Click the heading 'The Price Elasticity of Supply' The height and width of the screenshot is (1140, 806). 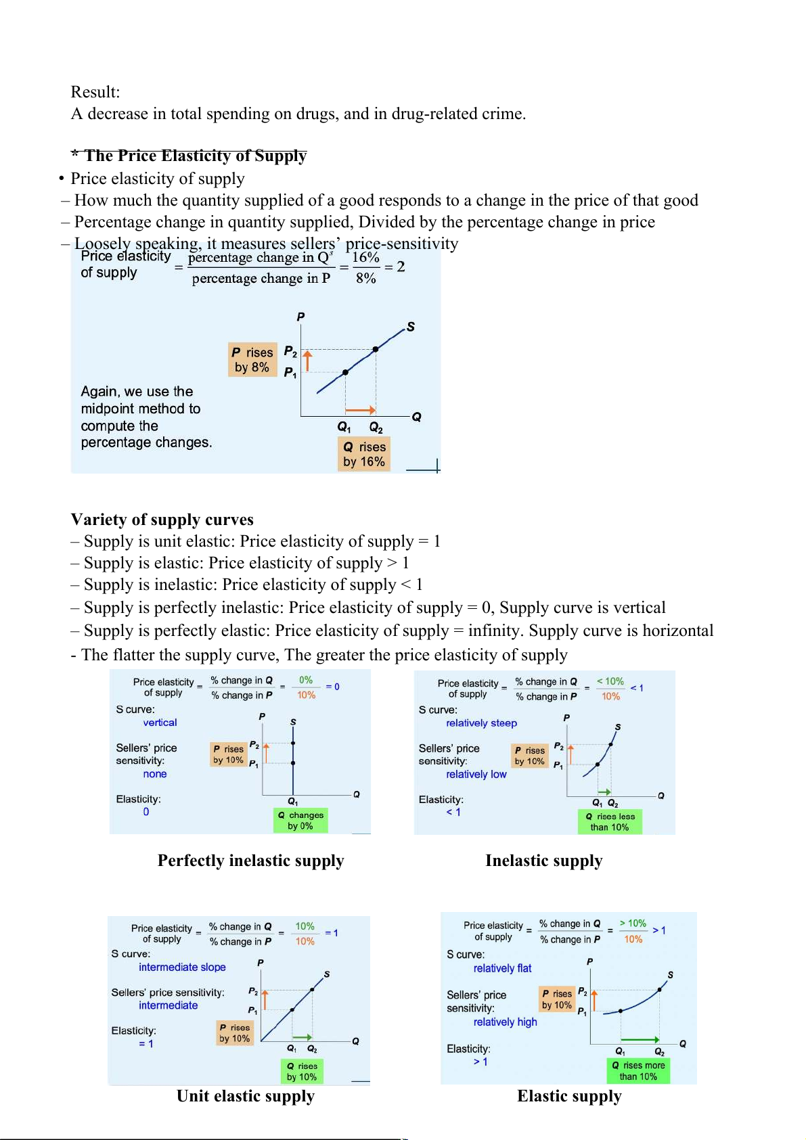pyautogui.click(x=195, y=156)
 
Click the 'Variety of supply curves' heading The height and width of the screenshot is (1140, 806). pyautogui.click(x=162, y=520)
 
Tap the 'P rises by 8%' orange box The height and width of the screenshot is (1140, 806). pyautogui.click(x=252, y=359)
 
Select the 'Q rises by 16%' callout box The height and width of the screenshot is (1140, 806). pyautogui.click(x=364, y=454)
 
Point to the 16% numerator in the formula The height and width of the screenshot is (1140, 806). pyautogui.click(x=365, y=258)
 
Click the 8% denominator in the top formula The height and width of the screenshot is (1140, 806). pyautogui.click(x=365, y=278)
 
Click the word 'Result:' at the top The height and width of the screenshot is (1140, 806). pyautogui.click(x=95, y=92)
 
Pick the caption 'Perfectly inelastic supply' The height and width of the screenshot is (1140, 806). pyautogui.click(x=250, y=861)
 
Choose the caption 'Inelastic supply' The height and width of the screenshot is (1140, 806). pyautogui.click(x=543, y=861)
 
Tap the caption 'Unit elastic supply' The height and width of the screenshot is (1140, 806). pyautogui.click(x=246, y=1096)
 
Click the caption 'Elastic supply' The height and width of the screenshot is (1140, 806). pyautogui.click(x=569, y=1096)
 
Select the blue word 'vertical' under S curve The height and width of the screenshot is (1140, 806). pyautogui.click(x=160, y=723)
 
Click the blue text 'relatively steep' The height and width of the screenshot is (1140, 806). pyautogui.click(x=481, y=723)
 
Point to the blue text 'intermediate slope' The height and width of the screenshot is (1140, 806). pyautogui.click(x=182, y=967)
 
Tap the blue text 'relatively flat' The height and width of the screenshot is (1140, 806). pyautogui.click(x=502, y=969)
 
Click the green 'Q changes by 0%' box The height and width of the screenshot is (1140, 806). pyautogui.click(x=300, y=820)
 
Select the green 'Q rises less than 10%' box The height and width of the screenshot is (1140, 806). pyautogui.click(x=610, y=821)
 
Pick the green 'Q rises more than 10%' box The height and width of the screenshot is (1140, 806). pyautogui.click(x=638, y=1070)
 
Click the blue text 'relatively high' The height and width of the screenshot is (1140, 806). pyautogui.click(x=505, y=1022)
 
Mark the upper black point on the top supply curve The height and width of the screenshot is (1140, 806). pyautogui.click(x=376, y=349)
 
